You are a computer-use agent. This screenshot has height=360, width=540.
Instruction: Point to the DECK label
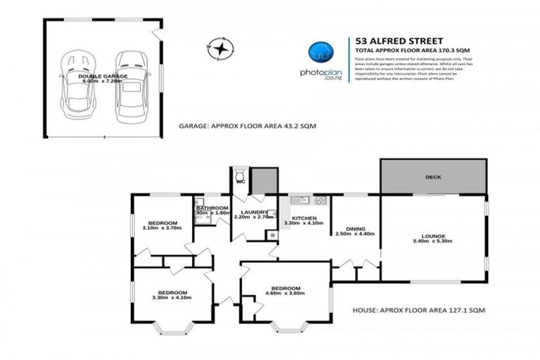433,177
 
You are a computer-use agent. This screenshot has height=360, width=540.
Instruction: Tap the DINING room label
355,229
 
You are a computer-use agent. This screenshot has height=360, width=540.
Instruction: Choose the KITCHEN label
304,218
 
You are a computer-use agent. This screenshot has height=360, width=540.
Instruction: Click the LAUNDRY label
252,212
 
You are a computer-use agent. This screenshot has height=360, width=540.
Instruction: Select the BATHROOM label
212,208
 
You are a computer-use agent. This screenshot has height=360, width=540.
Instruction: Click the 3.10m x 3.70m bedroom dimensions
162,229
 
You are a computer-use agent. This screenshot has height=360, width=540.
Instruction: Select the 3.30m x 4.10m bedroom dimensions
172,298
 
